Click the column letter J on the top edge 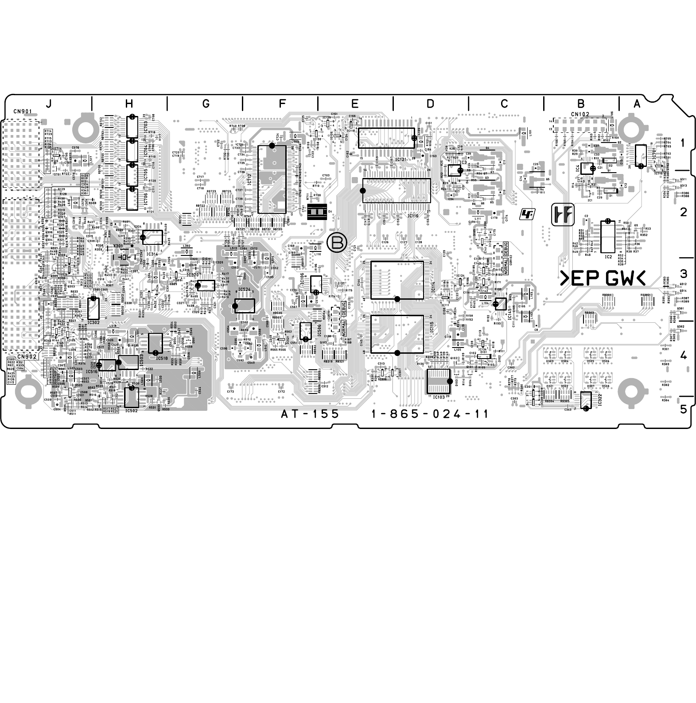point(48,104)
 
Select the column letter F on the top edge point(282,104)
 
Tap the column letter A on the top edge point(637,104)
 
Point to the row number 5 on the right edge point(683,409)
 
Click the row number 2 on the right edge point(683,212)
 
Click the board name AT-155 point(310,414)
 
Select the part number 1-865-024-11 point(430,414)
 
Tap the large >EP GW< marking point(603,278)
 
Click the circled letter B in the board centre point(336,243)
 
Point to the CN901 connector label point(22,111)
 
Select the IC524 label point(245,290)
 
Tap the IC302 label point(93,323)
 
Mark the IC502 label point(132,410)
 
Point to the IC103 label point(438,397)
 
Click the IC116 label point(413,216)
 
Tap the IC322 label point(600,400)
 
